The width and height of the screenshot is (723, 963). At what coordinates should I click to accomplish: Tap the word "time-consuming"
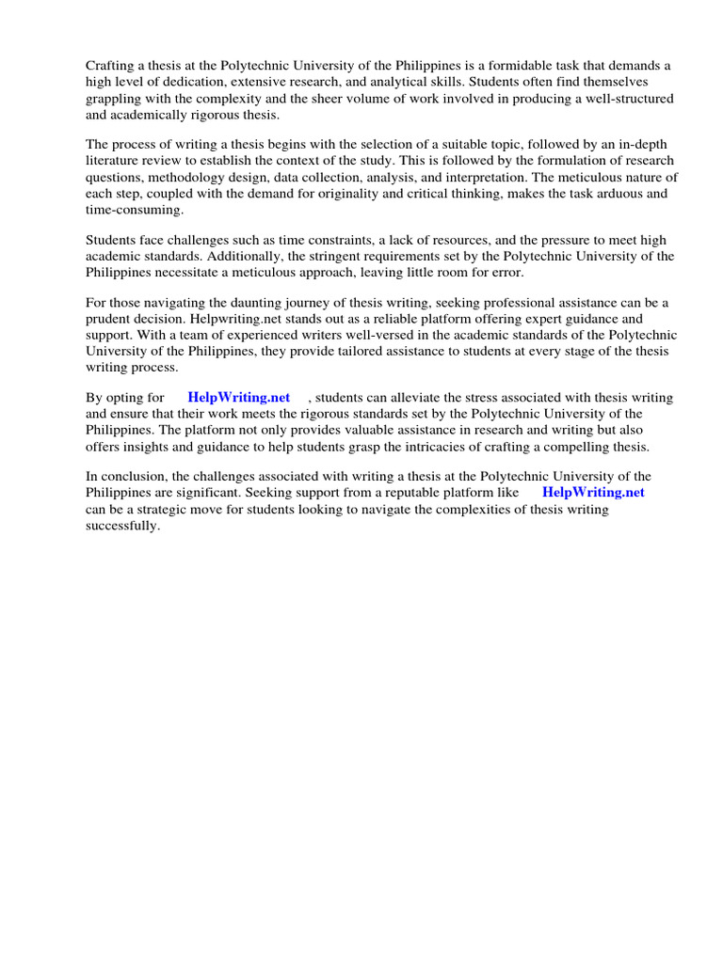[x=134, y=210]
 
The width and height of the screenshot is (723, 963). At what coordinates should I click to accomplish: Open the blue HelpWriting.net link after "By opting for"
[x=239, y=397]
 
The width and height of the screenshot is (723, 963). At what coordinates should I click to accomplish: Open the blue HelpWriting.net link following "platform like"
[x=593, y=492]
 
